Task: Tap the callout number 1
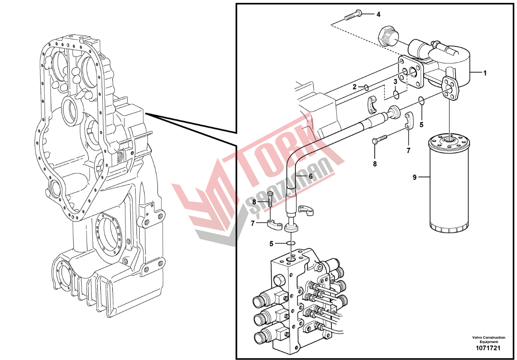point(485,73)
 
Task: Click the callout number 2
point(355,87)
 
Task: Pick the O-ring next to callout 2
point(366,87)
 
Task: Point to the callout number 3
point(396,82)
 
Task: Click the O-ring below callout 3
point(397,95)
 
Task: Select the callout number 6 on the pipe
point(310,176)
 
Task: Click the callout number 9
point(415,178)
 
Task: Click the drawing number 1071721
point(488,348)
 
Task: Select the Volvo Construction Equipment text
point(488,339)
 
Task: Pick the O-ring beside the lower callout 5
point(290,243)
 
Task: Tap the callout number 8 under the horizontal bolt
point(375,164)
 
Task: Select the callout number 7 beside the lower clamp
point(252,223)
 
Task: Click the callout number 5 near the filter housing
point(422,124)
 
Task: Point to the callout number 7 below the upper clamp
point(409,151)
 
